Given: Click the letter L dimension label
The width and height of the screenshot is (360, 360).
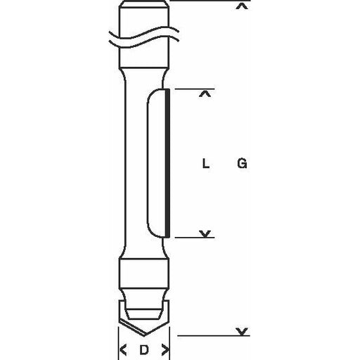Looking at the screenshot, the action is coord(205,163).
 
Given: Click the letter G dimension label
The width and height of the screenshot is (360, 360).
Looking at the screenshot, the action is coord(242,163).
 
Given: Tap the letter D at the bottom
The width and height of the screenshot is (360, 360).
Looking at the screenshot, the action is coord(144,350).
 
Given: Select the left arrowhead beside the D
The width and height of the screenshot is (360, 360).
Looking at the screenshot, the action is coord(123,349).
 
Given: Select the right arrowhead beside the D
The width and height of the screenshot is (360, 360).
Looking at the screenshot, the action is coord(165,349).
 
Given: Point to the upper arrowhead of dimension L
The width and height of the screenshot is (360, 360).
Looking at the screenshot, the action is coord(205,94).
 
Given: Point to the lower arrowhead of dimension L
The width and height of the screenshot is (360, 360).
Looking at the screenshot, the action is coord(205,233).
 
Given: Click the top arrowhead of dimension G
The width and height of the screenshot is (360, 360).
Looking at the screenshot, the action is coord(242,6).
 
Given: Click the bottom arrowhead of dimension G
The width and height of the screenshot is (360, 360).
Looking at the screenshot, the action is coord(242,332).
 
